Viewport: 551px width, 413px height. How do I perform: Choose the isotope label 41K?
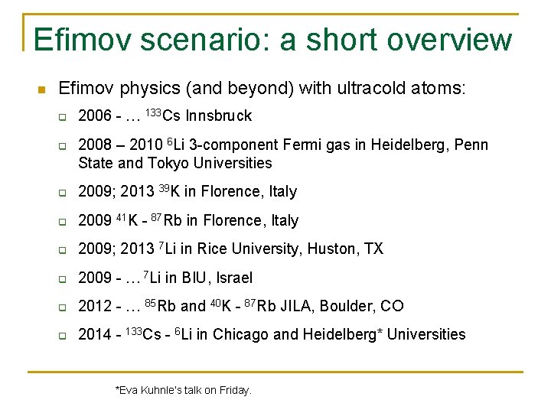coord(127,220)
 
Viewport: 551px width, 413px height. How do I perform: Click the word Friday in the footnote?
coord(233,390)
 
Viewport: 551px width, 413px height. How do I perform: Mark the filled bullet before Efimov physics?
coord(41,89)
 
